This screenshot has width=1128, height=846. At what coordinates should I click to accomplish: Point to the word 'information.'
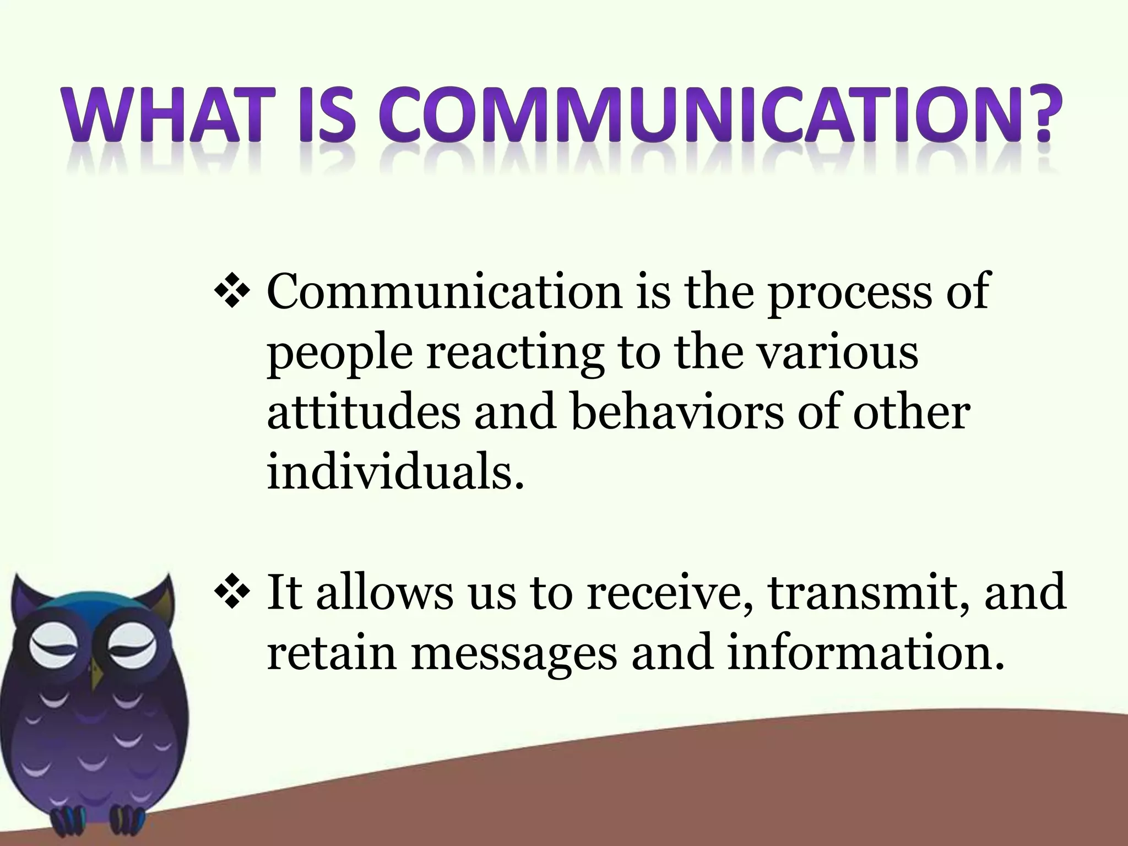tap(862, 654)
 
